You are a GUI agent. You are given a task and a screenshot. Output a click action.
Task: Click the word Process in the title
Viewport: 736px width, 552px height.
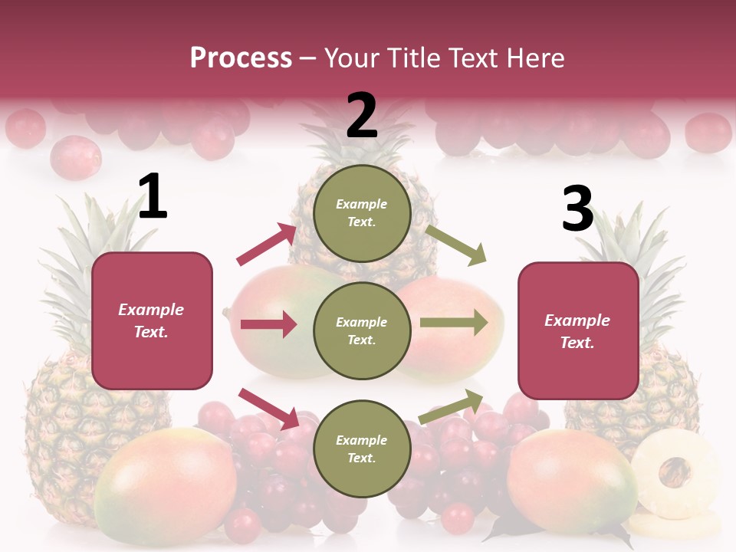(x=241, y=58)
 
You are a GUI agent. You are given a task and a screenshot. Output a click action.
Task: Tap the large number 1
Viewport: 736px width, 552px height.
(x=153, y=197)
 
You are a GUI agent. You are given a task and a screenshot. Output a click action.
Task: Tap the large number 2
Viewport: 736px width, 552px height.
(x=362, y=115)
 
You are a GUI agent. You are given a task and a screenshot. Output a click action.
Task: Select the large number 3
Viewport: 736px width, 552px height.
(x=577, y=209)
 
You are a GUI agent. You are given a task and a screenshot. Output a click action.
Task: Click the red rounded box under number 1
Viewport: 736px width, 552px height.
(x=152, y=320)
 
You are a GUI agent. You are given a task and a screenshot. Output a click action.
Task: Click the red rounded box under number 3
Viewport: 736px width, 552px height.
(x=578, y=330)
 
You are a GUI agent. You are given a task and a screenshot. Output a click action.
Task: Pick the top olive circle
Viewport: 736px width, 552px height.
(x=362, y=213)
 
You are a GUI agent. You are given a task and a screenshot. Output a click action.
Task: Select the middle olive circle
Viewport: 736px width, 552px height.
(x=362, y=330)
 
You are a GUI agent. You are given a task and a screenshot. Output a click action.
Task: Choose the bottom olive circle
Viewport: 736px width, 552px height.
(x=362, y=449)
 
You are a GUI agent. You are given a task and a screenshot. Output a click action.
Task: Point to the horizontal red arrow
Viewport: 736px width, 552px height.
(x=268, y=324)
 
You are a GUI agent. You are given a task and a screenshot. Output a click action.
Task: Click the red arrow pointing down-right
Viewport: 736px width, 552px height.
(x=268, y=408)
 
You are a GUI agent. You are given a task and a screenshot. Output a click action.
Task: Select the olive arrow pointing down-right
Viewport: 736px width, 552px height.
(x=456, y=245)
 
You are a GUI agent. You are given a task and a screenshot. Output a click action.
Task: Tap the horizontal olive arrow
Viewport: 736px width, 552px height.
(x=454, y=323)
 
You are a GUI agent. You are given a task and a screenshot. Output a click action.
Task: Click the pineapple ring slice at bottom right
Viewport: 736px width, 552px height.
(x=675, y=472)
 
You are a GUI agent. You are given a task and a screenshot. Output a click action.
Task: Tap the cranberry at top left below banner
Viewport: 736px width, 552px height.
(x=75, y=157)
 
